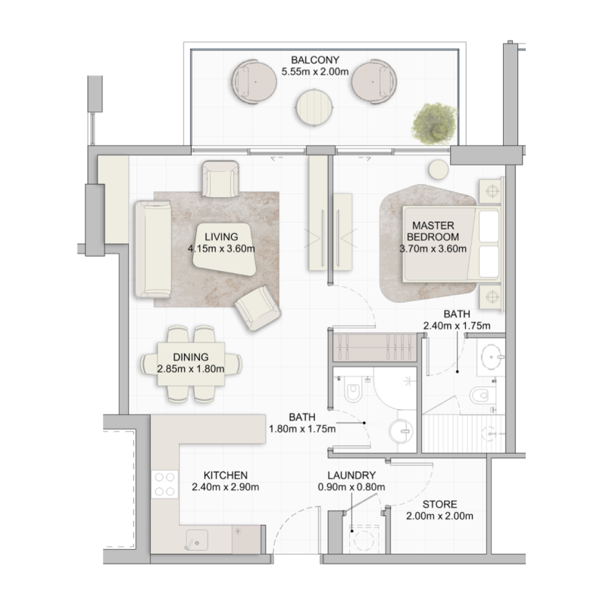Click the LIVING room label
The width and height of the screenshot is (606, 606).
tap(221, 236)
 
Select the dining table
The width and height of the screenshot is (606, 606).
tap(192, 364)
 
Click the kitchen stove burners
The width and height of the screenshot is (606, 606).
tap(164, 484)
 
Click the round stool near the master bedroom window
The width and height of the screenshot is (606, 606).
tap(438, 170)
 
